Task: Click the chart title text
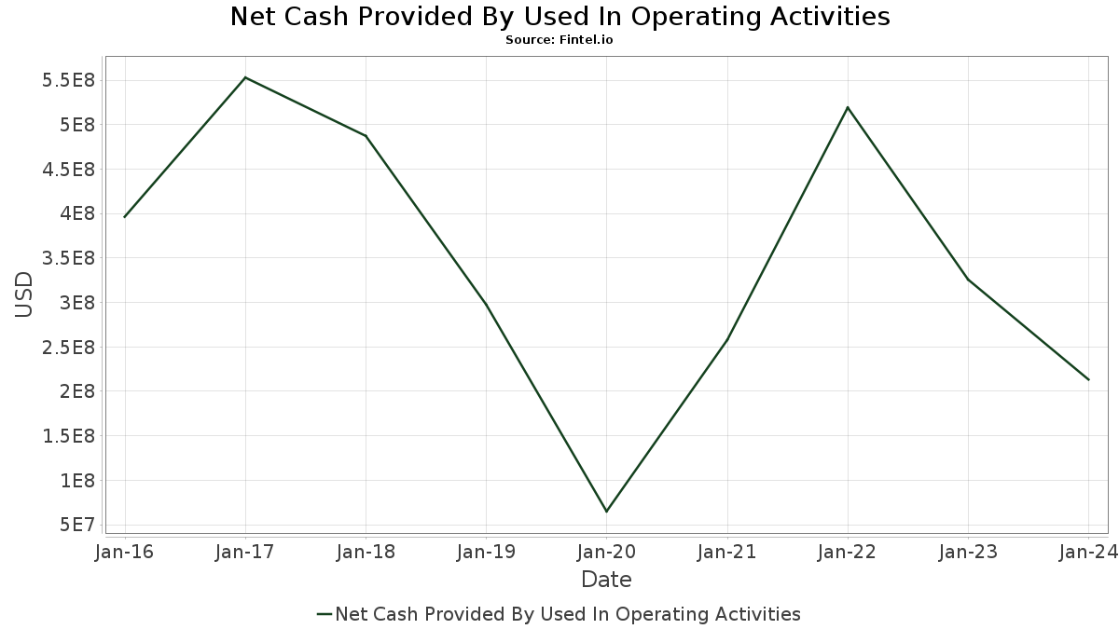(559, 17)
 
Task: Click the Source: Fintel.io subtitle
(559, 40)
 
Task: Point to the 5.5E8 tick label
(68, 80)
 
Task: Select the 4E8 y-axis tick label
(77, 213)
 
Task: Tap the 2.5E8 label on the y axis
(68, 348)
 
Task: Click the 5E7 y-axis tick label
(77, 526)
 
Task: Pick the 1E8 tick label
(77, 481)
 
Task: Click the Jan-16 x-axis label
(124, 552)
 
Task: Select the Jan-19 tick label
(486, 552)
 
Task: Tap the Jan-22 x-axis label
(848, 552)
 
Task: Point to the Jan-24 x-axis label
(1088, 552)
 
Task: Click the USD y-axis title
(23, 294)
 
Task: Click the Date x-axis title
(606, 580)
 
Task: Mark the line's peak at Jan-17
(245, 77)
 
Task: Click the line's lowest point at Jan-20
(606, 512)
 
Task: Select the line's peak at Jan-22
(848, 107)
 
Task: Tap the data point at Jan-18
(366, 136)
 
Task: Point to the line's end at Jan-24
(1088, 380)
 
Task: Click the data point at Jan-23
(968, 280)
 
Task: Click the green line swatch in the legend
(325, 614)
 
